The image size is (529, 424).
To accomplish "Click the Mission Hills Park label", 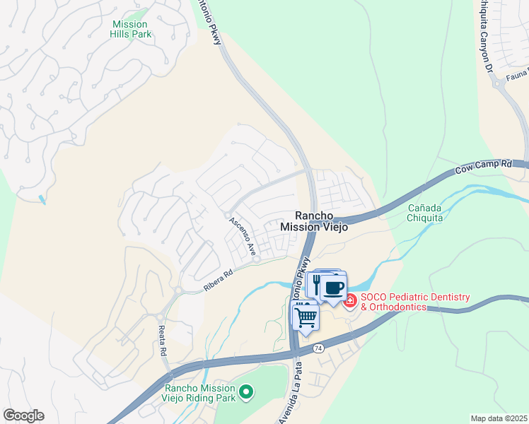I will [x=131, y=29].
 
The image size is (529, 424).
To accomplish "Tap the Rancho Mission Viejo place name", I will [x=314, y=221].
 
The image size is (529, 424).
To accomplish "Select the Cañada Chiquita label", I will [x=426, y=213].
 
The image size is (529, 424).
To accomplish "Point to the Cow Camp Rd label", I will [x=483, y=167].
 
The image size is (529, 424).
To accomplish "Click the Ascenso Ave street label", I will [x=241, y=236].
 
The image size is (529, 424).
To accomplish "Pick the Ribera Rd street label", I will [x=218, y=279].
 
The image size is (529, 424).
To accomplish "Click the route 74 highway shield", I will [x=318, y=348].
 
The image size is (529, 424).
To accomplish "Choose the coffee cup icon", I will [x=334, y=288].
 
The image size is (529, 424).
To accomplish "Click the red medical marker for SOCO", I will [x=349, y=302].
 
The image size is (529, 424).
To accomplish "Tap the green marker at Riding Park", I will [x=245, y=390].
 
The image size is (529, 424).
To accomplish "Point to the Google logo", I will [x=23, y=416].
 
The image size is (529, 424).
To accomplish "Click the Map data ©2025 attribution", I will [x=499, y=418].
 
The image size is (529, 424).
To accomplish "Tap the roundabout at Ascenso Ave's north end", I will [x=227, y=215].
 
